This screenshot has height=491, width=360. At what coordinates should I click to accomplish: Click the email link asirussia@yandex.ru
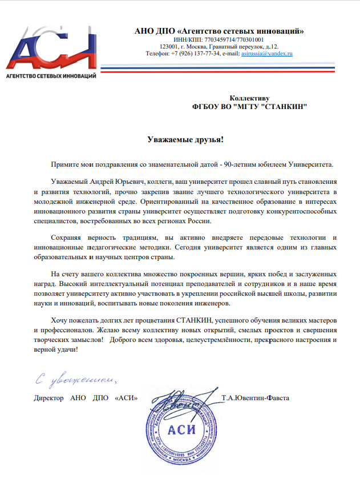(266, 54)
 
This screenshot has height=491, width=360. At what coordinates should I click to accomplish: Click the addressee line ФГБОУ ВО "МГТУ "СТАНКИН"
(249, 107)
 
